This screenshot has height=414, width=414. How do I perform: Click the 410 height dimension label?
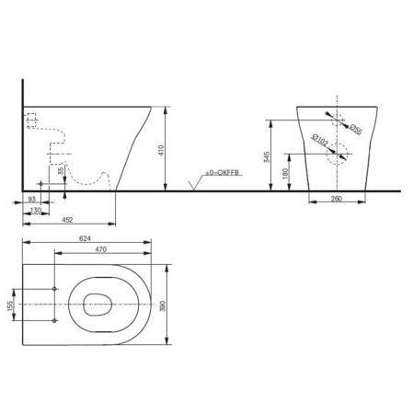(161, 150)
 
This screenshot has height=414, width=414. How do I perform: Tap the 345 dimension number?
(267, 157)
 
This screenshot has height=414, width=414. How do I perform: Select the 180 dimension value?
(285, 174)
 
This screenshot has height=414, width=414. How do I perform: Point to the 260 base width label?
(337, 199)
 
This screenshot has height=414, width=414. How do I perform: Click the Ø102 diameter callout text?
(320, 141)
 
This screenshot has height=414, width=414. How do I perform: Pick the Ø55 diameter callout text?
(356, 130)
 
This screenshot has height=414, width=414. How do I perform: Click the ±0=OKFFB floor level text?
(222, 173)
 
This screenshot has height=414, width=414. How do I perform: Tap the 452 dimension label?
(67, 220)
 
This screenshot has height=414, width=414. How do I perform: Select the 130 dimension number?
(36, 210)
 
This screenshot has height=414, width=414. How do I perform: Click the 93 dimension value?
(32, 200)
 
